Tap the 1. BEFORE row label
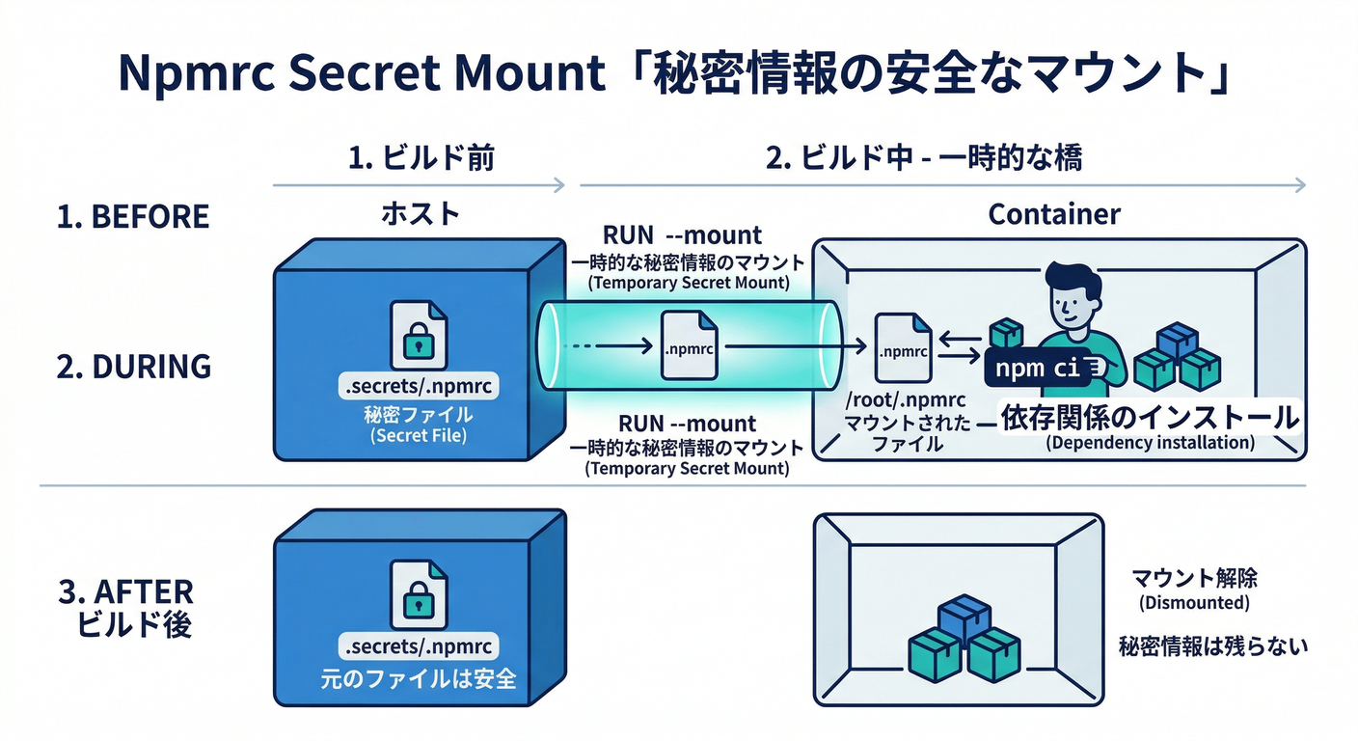(133, 217)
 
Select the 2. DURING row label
(133, 367)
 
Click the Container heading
(1054, 213)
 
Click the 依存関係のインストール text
(1149, 417)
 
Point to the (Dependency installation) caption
(1150, 444)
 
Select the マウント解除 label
(1194, 579)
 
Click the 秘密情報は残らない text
(1213, 645)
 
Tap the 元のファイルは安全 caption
(418, 678)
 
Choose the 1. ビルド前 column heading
(421, 158)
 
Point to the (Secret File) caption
(418, 436)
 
